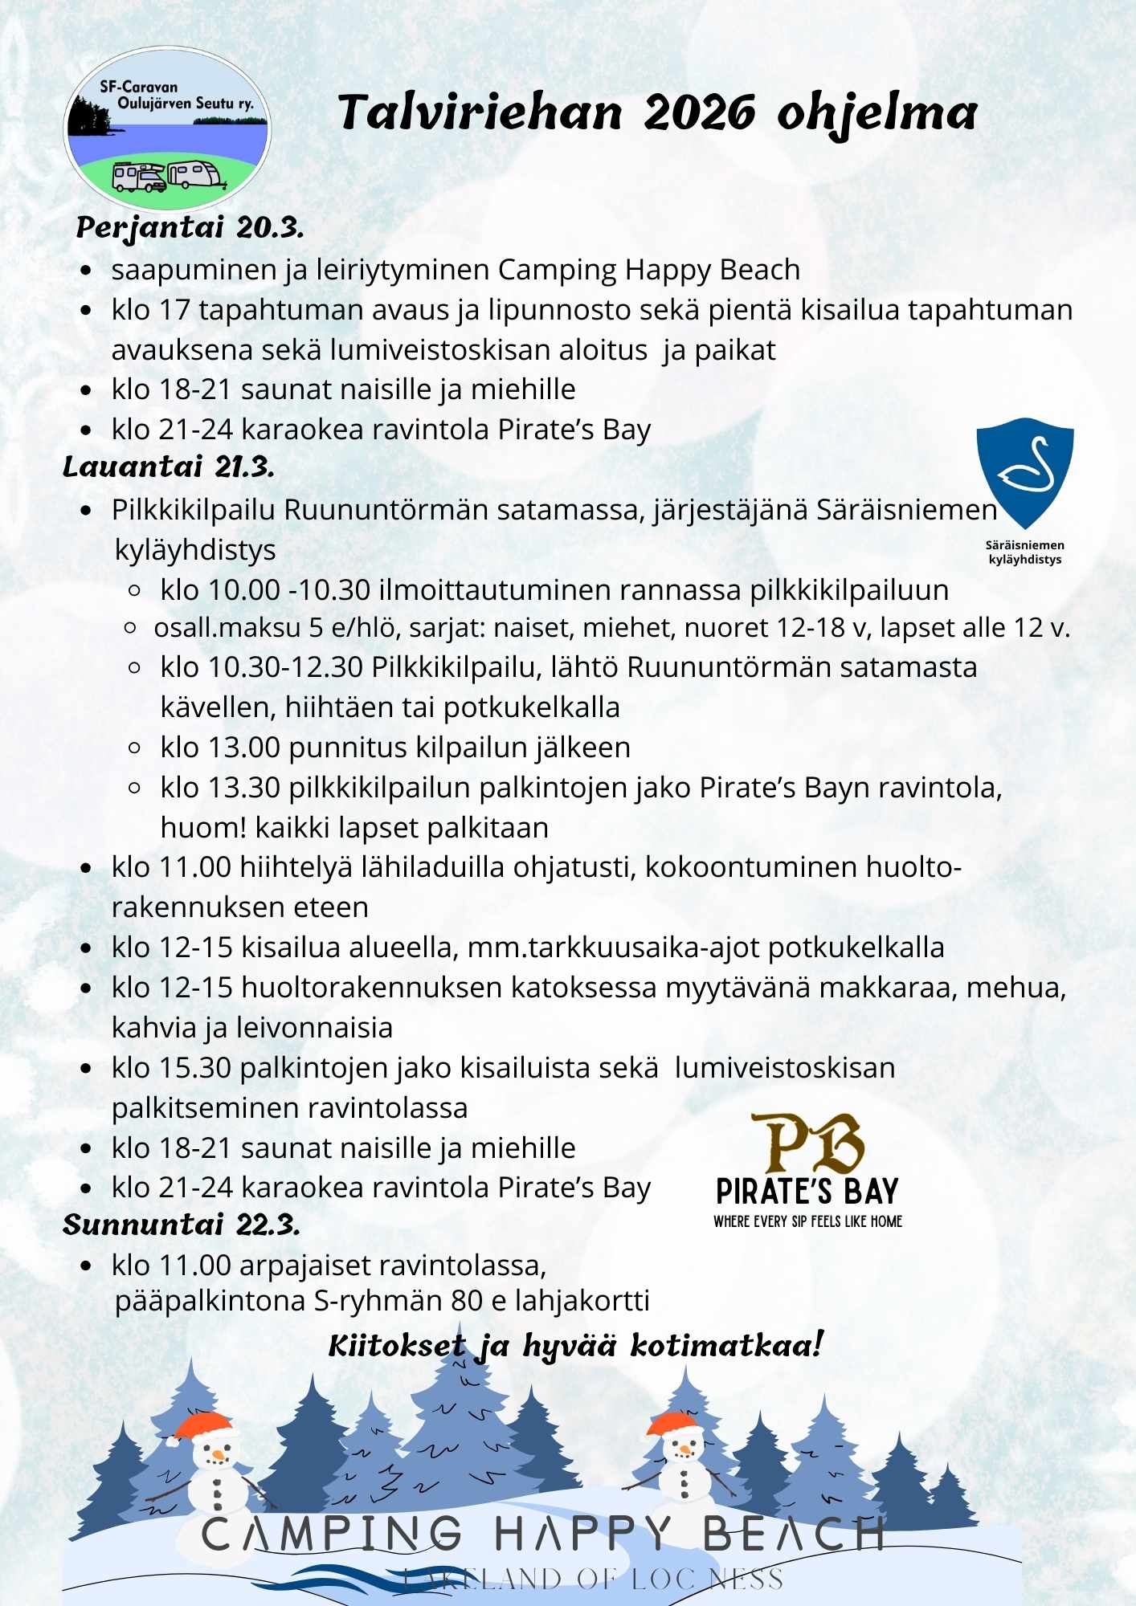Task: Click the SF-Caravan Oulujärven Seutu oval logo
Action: pyautogui.click(x=167, y=128)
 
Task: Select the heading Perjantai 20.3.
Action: pyautogui.click(x=190, y=228)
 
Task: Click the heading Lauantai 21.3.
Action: pyautogui.click(x=169, y=467)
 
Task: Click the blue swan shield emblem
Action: pyautogui.click(x=1024, y=472)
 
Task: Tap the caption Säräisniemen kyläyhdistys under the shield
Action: pyautogui.click(x=1024, y=552)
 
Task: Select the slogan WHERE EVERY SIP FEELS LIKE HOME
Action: pyautogui.click(x=807, y=1221)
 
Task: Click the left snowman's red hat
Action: pyautogui.click(x=203, y=1426)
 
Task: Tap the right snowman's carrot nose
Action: pyautogui.click(x=684, y=1450)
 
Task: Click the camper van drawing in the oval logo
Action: pyautogui.click(x=138, y=177)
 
